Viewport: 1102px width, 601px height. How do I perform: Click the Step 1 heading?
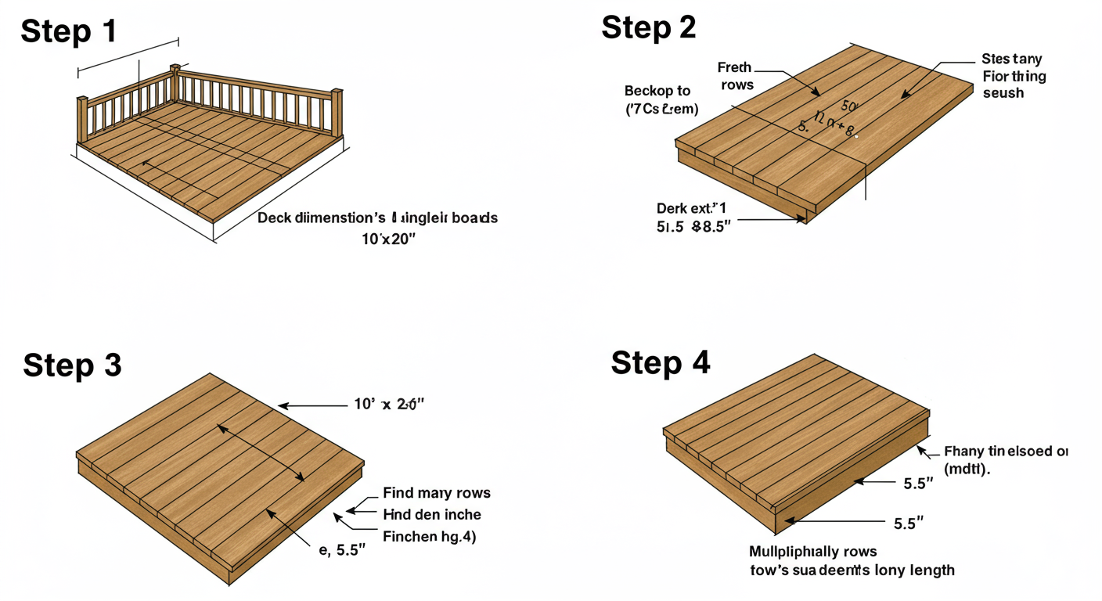[69, 31]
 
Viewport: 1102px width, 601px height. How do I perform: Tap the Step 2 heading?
[648, 27]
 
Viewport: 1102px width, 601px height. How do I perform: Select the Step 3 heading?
[72, 365]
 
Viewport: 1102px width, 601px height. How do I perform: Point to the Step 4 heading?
[660, 362]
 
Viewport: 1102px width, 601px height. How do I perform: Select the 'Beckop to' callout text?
[657, 91]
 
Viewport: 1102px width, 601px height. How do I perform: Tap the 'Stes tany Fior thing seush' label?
[1013, 76]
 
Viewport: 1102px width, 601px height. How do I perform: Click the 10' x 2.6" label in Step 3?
[389, 405]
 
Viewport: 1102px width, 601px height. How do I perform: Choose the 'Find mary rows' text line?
[436, 493]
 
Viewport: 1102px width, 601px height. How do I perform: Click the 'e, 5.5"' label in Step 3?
[342, 550]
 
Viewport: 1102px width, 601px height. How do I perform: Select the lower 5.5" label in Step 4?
[909, 524]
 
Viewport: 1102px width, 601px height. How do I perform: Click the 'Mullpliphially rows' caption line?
[812, 552]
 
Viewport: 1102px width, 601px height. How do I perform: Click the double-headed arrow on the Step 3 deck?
[261, 452]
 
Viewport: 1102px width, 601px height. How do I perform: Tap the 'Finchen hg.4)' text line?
[429, 537]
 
